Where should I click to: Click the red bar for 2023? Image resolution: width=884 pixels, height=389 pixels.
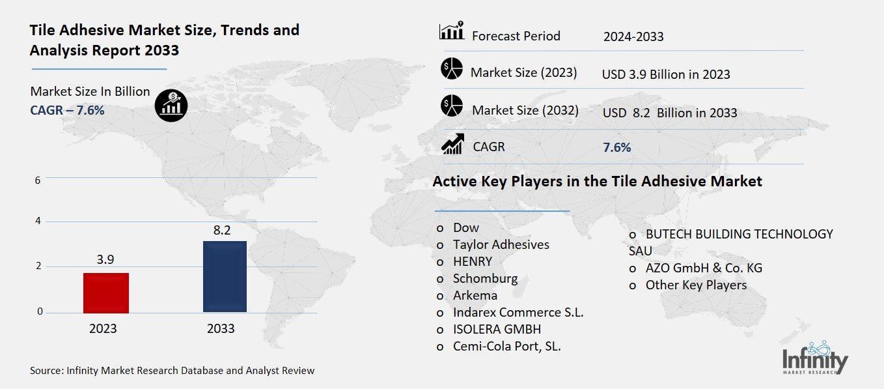(x=106, y=293)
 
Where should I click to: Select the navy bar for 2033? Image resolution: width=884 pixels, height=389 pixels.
(x=225, y=276)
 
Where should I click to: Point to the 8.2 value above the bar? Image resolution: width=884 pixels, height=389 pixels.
(x=222, y=230)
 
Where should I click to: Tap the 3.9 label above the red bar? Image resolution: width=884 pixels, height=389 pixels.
(x=105, y=259)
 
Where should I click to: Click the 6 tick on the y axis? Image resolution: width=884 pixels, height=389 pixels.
(x=38, y=180)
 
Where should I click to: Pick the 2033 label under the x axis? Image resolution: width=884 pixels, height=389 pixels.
(x=221, y=328)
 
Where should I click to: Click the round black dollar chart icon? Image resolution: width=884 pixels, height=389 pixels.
(x=171, y=104)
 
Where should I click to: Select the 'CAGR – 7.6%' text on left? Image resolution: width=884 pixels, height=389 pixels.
(x=67, y=110)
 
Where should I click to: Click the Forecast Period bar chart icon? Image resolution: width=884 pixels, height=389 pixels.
(x=451, y=31)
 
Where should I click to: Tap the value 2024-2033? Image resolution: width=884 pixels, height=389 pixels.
(x=633, y=36)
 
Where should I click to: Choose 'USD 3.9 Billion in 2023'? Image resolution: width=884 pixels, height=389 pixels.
(x=666, y=74)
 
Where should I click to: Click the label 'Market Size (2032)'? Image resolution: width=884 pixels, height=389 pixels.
(x=525, y=110)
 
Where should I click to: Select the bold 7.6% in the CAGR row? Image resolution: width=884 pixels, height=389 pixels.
(x=617, y=147)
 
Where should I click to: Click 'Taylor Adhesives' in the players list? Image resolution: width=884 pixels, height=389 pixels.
(x=501, y=244)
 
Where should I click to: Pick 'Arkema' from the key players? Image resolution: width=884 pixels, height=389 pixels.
(x=475, y=295)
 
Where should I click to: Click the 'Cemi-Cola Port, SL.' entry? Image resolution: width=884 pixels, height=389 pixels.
(x=506, y=346)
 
